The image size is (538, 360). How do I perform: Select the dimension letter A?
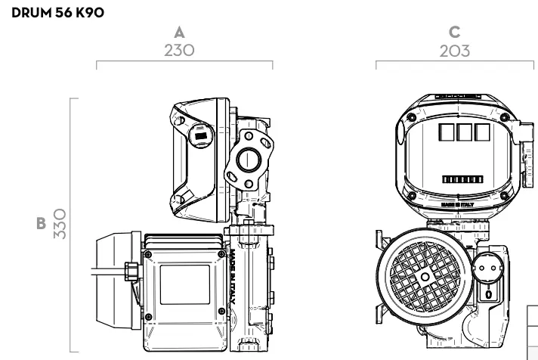(x=180, y=33)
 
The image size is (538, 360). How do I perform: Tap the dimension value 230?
(x=180, y=51)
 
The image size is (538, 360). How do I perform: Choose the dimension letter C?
(x=453, y=33)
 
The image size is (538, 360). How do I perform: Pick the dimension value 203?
(x=453, y=51)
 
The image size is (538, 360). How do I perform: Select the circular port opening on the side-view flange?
(x=247, y=162)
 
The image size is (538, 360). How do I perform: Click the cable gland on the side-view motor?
(x=132, y=268)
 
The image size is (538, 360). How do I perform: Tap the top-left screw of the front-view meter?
(x=410, y=118)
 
